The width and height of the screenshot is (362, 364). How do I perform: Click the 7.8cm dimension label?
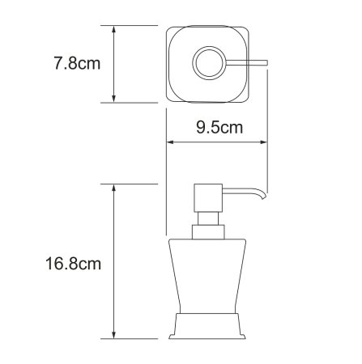(x=74, y=63)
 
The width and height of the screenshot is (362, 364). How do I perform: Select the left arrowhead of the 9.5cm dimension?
(x=171, y=142)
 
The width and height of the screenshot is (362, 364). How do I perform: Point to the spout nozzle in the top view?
(x=248, y=62)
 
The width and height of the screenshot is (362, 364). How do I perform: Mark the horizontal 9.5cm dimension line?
(x=217, y=142)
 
